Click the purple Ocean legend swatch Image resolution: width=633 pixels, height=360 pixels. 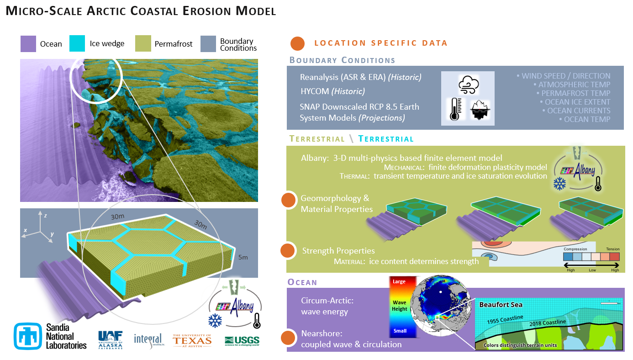pos(28,44)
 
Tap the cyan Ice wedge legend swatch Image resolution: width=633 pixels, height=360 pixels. pos(77,44)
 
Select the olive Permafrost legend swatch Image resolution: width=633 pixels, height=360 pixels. pos(143,44)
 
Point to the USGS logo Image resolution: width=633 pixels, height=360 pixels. pos(242,341)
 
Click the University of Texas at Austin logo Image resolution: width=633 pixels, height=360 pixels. pos(192,340)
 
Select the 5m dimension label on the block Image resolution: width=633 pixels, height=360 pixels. pos(243,258)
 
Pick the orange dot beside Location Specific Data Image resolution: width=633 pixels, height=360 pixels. pos(297,43)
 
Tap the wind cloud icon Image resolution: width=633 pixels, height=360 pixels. pos(468,85)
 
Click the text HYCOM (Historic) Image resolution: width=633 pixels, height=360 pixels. pos(332,91)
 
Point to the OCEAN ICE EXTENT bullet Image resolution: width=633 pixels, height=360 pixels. pos(575,102)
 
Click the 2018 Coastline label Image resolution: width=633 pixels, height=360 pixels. pos(548,323)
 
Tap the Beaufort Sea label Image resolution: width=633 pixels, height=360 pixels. pos(501,305)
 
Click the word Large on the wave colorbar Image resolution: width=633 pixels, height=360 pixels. pos(399,281)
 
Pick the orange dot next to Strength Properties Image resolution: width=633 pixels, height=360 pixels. pos(287,250)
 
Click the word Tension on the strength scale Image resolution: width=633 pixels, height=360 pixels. pos(612,249)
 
